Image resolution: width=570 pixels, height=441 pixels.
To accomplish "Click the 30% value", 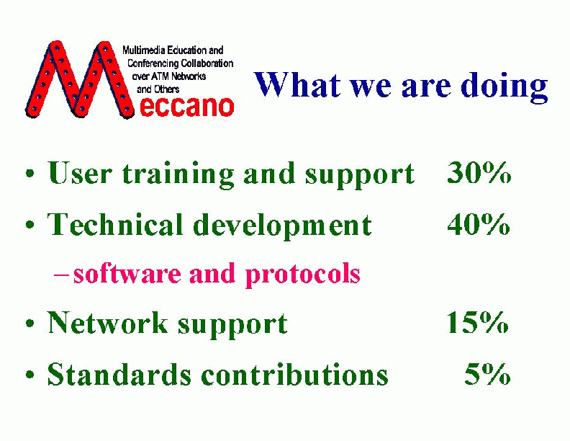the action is [x=479, y=173].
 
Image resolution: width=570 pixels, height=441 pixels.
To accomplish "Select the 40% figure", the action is [x=479, y=225].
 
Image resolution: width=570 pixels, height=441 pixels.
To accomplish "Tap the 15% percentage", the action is [x=477, y=322].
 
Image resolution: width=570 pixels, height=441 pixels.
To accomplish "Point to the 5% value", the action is [x=487, y=374].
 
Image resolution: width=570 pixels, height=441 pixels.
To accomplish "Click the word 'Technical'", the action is [x=115, y=225].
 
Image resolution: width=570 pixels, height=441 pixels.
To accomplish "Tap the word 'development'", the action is [x=282, y=227].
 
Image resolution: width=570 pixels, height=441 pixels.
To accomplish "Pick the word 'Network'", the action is [x=108, y=322].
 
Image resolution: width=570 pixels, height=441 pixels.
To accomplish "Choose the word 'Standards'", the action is [x=119, y=374].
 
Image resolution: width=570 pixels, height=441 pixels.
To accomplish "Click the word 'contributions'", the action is [x=294, y=374].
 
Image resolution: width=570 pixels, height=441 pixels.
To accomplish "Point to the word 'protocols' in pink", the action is [x=303, y=275].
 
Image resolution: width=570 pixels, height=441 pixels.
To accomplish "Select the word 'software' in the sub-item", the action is [x=127, y=273].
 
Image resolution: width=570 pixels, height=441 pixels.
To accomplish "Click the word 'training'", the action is [x=178, y=175].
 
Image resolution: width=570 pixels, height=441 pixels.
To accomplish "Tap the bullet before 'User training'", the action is [x=30, y=173].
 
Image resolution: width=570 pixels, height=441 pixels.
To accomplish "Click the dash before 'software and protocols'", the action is [x=60, y=275].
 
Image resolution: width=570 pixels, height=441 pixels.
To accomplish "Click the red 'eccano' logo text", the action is [x=186, y=107].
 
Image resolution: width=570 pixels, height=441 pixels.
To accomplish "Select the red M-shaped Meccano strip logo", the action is [x=80, y=79].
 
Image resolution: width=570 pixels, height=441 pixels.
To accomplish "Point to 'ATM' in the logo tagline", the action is [x=160, y=76].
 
